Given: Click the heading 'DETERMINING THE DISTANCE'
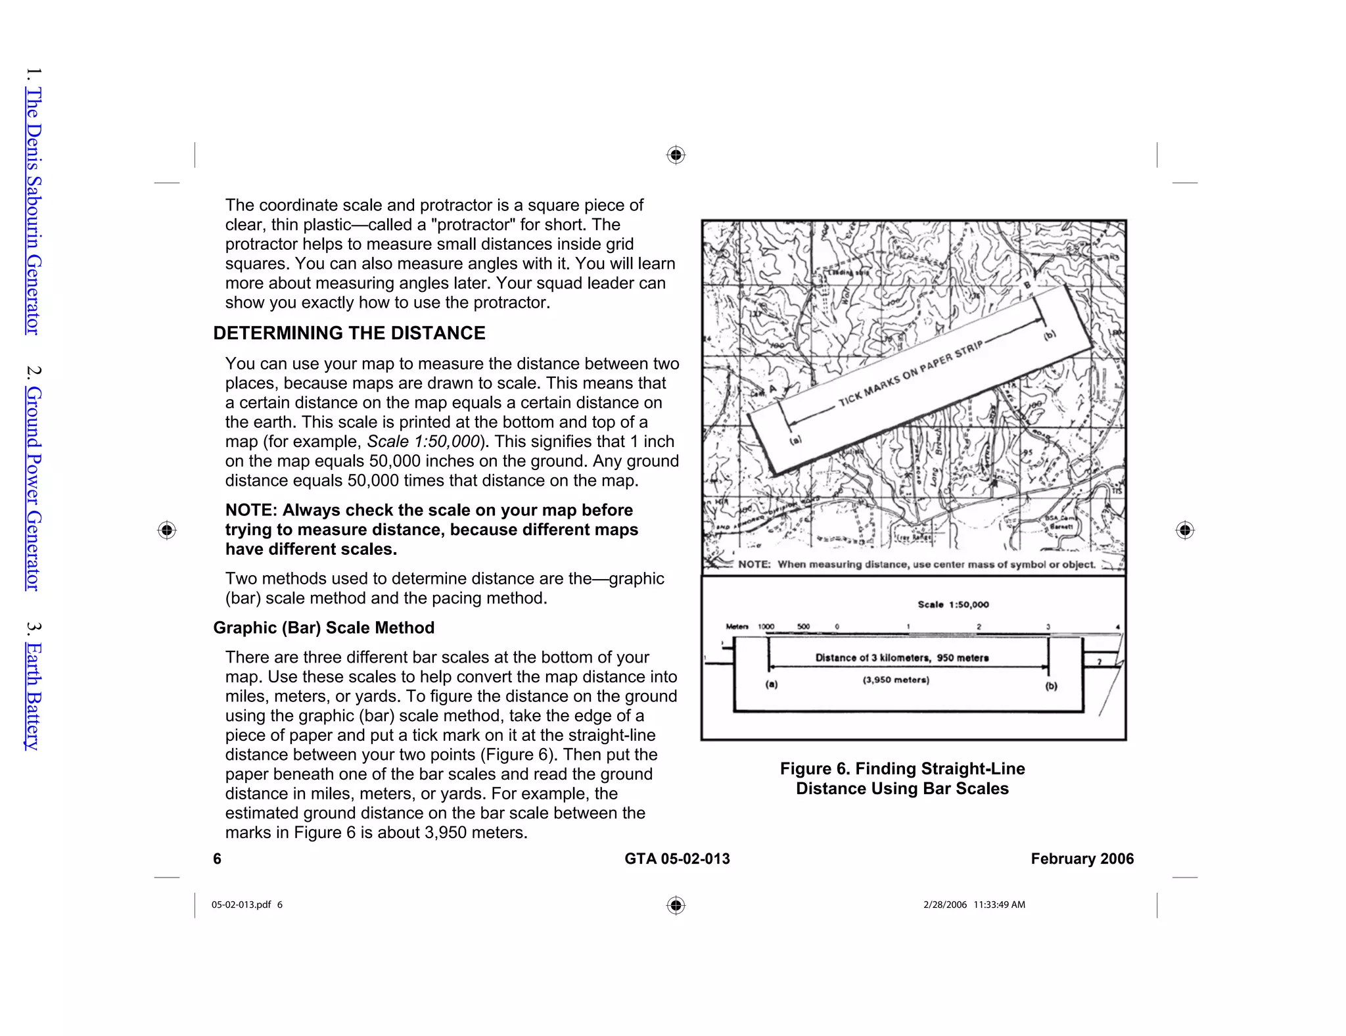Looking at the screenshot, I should [x=349, y=333].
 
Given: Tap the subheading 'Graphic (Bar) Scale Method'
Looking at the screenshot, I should [x=323, y=628].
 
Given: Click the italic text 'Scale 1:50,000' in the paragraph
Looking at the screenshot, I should [x=423, y=442].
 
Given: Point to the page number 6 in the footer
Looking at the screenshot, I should [x=218, y=859].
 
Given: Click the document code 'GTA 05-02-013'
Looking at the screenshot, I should [x=677, y=859].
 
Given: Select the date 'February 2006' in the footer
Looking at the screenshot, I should [x=1082, y=859].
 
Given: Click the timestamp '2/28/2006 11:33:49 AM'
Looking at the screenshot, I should [x=974, y=905].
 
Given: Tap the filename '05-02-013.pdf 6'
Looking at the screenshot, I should [x=246, y=905].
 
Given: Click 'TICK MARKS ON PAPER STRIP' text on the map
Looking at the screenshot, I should [x=911, y=373].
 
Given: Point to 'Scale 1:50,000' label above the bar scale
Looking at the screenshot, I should [x=953, y=605].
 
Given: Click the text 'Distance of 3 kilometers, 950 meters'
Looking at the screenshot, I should [x=902, y=657].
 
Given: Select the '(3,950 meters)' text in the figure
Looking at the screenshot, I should [x=896, y=680].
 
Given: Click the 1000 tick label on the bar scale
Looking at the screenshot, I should [x=766, y=626].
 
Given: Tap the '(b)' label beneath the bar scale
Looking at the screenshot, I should [x=1052, y=686].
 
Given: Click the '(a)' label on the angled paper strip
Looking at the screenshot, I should [x=795, y=440].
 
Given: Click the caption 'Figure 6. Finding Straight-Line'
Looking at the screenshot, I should [x=902, y=768].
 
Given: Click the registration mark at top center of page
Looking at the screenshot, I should [x=676, y=155].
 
